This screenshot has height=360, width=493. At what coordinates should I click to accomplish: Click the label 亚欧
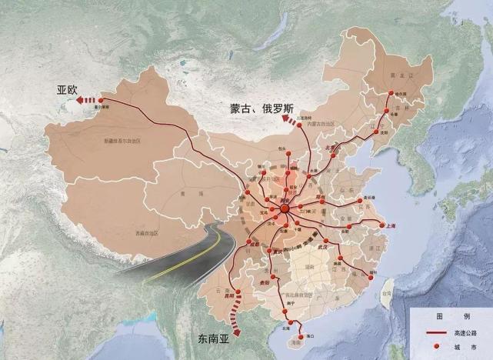(x=67, y=89)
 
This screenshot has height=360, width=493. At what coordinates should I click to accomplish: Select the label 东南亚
(x=208, y=337)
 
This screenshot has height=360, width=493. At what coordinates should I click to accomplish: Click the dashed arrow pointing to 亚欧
(x=91, y=99)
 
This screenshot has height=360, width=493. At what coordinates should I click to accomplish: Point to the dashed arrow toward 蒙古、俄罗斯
(x=291, y=120)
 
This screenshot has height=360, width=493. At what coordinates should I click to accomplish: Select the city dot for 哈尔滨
(x=391, y=94)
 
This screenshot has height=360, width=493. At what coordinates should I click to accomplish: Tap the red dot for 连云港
(x=361, y=195)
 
